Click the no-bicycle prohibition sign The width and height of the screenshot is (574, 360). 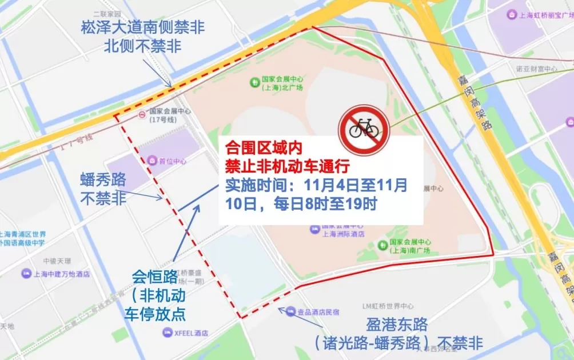point(364,130)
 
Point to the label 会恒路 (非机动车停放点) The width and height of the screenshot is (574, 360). point(155,295)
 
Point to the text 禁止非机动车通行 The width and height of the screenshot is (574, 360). point(288,166)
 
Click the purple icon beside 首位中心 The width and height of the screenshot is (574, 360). point(151,161)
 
